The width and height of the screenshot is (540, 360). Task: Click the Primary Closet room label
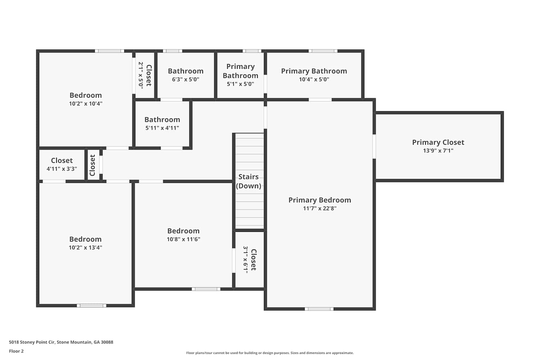(438, 142)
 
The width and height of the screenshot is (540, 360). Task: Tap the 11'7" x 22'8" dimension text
(320, 208)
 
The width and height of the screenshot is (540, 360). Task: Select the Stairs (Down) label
(248, 181)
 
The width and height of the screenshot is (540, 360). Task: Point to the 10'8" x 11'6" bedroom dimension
(184, 239)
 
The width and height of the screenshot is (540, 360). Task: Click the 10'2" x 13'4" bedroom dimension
(85, 247)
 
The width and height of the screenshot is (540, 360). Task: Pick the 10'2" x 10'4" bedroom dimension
(86, 104)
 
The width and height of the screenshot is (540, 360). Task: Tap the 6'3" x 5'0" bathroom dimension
(186, 79)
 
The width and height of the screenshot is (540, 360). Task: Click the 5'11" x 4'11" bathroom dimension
(162, 128)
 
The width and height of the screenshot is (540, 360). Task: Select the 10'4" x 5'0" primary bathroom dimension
(314, 79)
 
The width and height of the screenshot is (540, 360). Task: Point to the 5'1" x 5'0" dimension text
(240, 84)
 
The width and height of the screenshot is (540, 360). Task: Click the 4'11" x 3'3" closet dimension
(62, 169)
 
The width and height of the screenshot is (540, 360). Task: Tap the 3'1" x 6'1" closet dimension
(246, 260)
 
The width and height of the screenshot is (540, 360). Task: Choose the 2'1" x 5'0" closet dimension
(141, 76)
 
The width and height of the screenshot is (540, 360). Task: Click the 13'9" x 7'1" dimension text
(438, 151)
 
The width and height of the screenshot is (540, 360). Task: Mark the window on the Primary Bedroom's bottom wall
(319, 309)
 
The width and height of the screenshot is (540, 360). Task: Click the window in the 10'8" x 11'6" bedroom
(206, 289)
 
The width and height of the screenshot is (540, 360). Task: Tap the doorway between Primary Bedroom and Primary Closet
(374, 147)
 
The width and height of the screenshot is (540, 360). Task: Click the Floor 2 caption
(17, 351)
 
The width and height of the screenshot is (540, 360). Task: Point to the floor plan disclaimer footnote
(270, 353)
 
